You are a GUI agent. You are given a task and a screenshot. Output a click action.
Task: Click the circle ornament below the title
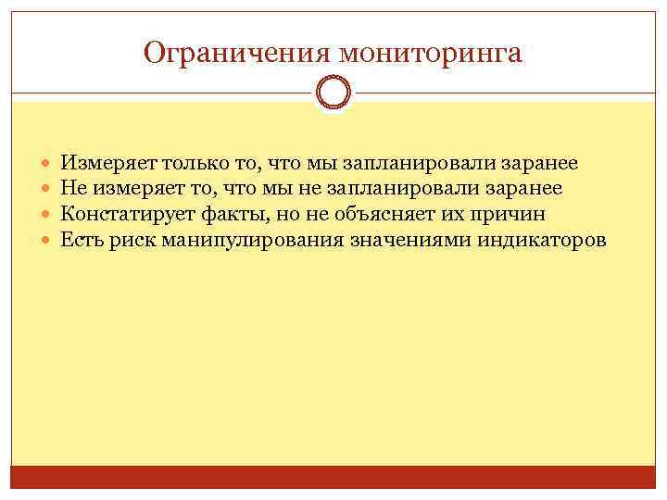333,92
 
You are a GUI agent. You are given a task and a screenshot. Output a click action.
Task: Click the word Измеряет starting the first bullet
108,164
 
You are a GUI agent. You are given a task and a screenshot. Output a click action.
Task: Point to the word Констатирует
128,215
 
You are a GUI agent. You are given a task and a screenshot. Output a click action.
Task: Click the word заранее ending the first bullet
539,164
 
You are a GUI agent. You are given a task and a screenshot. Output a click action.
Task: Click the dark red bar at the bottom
333,477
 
